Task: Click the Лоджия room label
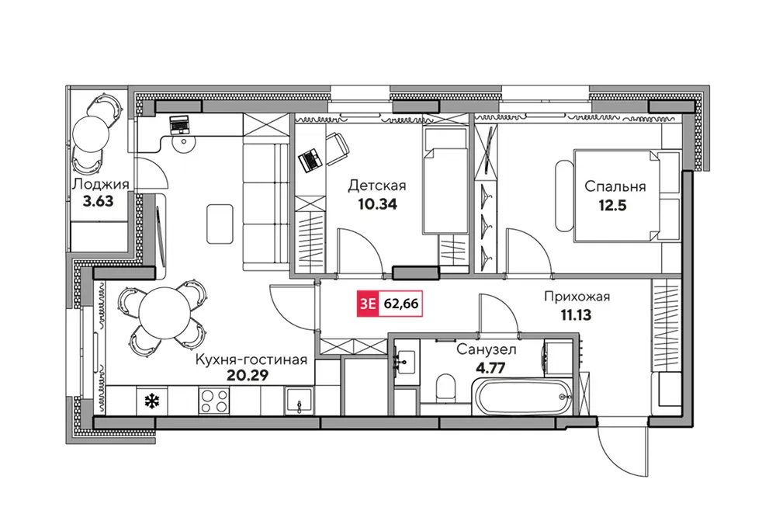100,185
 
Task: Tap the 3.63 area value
98,202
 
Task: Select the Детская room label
377,186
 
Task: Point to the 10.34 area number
377,204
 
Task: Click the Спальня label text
615,186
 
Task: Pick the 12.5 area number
613,205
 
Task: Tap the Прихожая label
577,297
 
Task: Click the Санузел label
487,349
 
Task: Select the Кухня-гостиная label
251,359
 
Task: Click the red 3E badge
368,304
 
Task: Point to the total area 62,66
401,304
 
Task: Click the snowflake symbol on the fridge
151,401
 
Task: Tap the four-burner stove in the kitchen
214,401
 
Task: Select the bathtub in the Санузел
522,396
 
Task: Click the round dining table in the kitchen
165,313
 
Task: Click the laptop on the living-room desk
178,125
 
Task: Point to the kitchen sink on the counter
299,401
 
